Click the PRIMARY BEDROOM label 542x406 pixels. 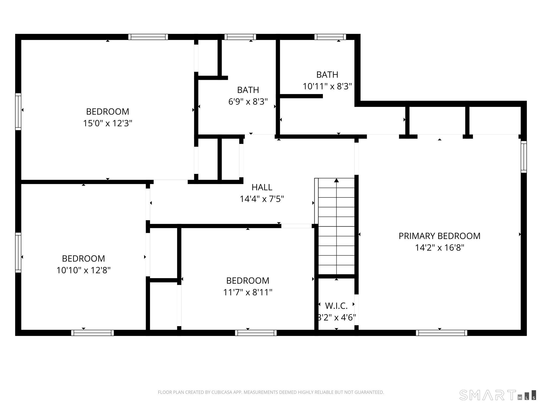coord(439,236)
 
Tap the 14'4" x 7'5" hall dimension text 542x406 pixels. coord(262,199)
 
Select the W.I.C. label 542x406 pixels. coord(336,306)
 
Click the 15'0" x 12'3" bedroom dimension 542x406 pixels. coord(107,123)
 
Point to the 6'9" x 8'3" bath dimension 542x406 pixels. coord(248,102)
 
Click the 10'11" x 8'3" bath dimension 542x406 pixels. coord(327,86)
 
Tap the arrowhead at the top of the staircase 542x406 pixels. coord(336,181)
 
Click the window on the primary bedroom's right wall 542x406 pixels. coord(523,157)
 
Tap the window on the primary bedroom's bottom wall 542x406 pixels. coord(441,333)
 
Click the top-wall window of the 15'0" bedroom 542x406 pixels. coord(148,37)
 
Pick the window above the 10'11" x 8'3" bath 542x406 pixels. coord(330,37)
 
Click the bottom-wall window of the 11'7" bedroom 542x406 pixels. coord(256,333)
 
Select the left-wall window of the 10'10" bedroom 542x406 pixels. coord(18,252)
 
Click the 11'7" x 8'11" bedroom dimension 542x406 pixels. coord(248,292)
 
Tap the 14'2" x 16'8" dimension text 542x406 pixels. coord(439,248)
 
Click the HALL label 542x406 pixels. coord(262,187)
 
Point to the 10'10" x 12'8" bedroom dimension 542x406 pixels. coord(83,270)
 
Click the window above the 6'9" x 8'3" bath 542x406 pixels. coord(240,37)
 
